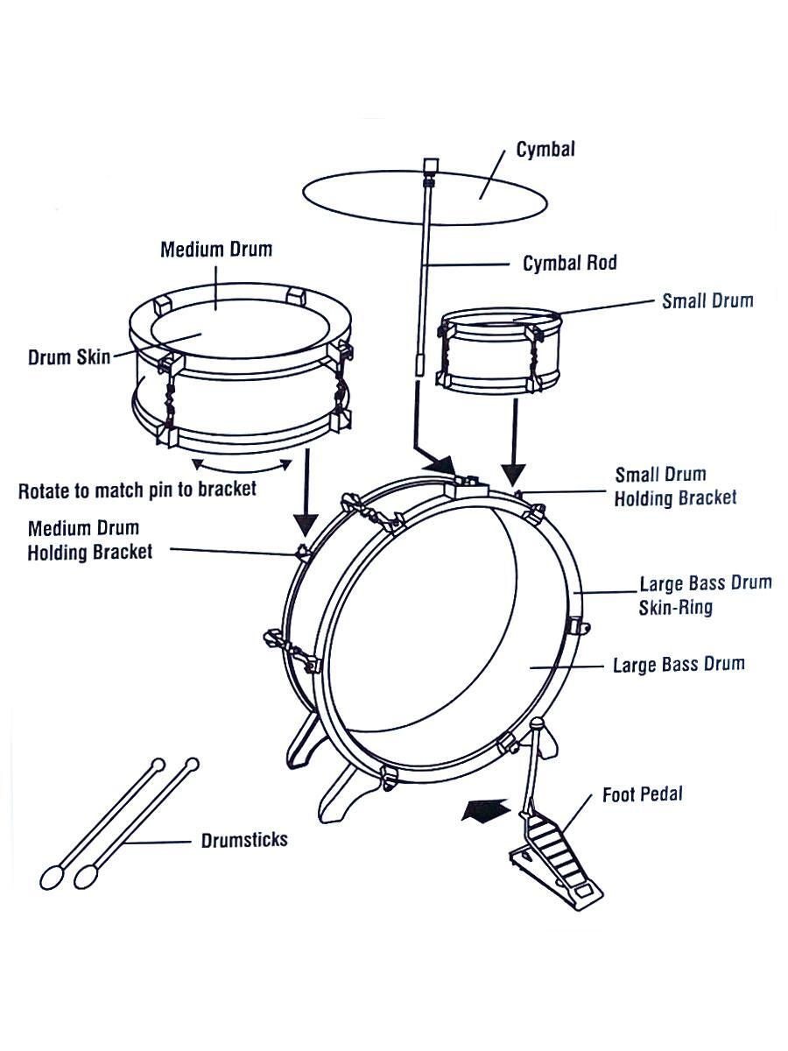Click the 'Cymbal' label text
click(x=545, y=150)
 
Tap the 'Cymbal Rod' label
click(x=570, y=263)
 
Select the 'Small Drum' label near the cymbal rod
click(x=707, y=300)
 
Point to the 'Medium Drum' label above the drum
click(x=216, y=249)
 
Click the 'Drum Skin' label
click(x=69, y=357)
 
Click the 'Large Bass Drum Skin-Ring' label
click(x=706, y=596)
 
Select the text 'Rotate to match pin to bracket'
click(x=137, y=490)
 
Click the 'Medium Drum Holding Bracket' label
click(x=90, y=540)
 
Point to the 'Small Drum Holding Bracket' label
click(x=676, y=486)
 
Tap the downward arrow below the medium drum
click(x=306, y=493)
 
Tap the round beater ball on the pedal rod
click(x=538, y=723)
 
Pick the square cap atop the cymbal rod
click(x=431, y=166)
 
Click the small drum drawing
click(x=498, y=350)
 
